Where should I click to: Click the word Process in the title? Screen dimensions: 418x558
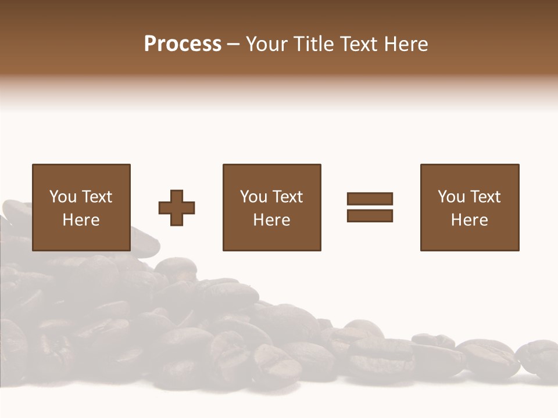point(183,44)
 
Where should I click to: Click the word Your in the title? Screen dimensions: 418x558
point(268,44)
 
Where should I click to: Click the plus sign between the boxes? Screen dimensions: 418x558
point(177,208)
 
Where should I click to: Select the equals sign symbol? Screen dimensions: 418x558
point(370,207)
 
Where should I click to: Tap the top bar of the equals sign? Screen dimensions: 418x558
point(370,199)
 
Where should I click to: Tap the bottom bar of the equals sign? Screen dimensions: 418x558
point(370,215)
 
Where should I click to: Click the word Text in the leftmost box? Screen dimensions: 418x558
point(96,197)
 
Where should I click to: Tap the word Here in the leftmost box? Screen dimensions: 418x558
point(81,220)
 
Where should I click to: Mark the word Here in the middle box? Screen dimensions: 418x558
point(272,220)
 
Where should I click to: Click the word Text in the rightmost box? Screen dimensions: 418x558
point(485,197)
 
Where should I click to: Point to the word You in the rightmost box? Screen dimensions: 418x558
point(451,197)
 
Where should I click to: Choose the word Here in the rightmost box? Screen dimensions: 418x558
point(470,220)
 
